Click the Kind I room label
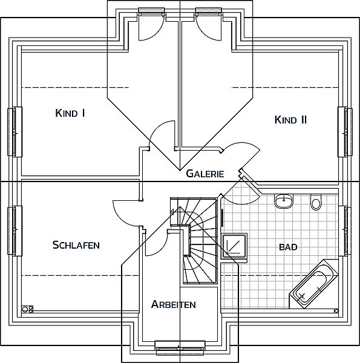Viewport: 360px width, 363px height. point(70,113)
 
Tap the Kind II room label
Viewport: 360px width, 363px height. point(290,120)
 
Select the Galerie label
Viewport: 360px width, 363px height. point(205,174)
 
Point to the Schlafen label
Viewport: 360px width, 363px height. point(76,244)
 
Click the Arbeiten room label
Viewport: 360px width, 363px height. point(174,304)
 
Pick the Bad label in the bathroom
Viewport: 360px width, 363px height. point(288,247)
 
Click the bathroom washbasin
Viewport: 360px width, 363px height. point(284,201)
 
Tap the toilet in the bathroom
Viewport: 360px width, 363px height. point(316,202)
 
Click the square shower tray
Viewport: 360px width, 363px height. point(234,246)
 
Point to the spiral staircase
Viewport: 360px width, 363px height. point(194,241)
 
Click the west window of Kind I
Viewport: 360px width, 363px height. point(15,131)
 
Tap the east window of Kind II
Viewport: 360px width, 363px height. point(345,131)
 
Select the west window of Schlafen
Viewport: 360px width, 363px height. point(15,231)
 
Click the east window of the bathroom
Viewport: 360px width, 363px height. point(345,231)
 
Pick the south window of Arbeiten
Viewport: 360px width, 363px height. point(180,348)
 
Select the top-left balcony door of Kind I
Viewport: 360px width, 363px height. point(151,24)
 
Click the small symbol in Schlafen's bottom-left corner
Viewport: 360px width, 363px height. point(27,309)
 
